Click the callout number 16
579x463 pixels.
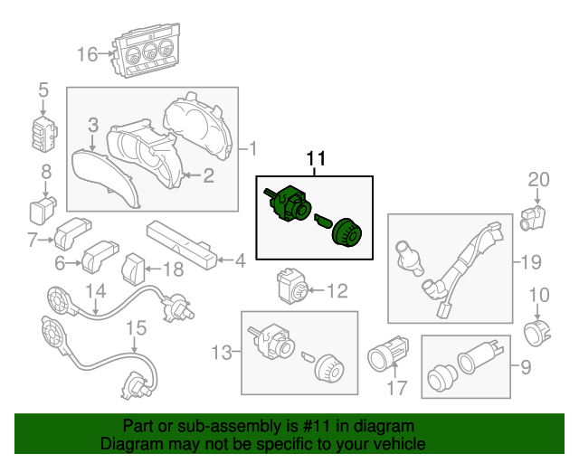87,55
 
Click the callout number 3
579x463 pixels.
93,124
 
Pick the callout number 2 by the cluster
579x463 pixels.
208,175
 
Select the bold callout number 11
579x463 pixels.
316,160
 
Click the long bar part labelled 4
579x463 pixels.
181,242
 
